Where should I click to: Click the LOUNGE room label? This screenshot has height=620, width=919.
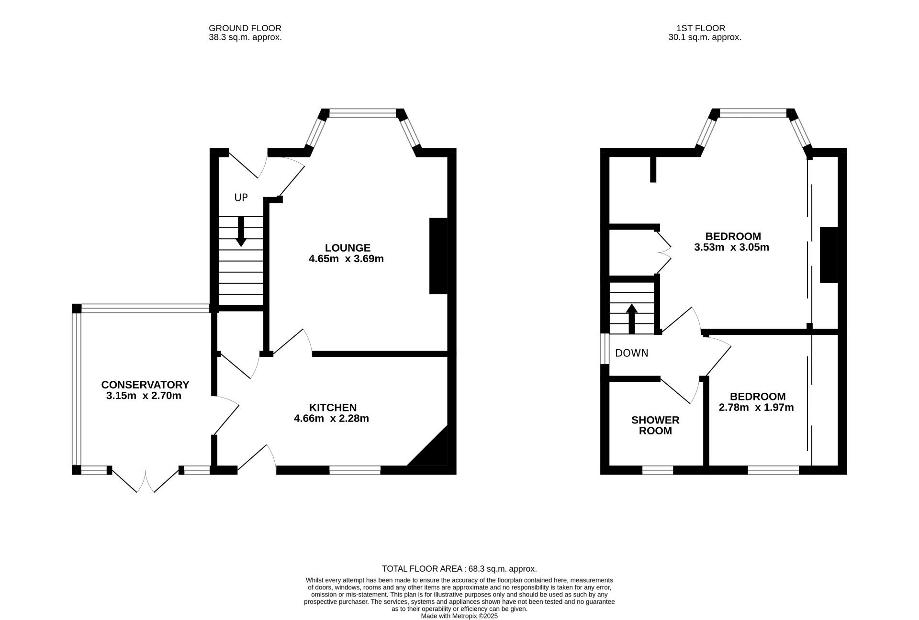click(x=347, y=248)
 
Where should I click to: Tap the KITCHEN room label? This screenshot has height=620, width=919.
click(x=333, y=408)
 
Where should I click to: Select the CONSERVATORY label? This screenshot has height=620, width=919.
click(x=145, y=385)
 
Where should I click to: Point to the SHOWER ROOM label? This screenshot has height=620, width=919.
click(x=655, y=425)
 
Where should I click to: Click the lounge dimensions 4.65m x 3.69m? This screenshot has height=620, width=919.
click(x=347, y=259)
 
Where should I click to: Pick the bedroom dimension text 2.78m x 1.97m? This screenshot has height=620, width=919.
click(x=756, y=408)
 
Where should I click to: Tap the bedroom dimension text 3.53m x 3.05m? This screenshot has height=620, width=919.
click(x=732, y=247)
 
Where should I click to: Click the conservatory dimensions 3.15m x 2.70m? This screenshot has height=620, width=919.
click(x=144, y=396)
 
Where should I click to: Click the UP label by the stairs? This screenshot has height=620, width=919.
click(x=241, y=198)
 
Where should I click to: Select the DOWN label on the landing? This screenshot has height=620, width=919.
click(x=632, y=353)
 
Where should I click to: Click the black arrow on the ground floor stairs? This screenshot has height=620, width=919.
click(x=241, y=232)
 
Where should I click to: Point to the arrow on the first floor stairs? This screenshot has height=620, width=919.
click(x=632, y=319)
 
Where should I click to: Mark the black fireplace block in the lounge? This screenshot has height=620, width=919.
click(x=438, y=256)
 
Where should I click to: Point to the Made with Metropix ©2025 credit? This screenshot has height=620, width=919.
click(x=459, y=616)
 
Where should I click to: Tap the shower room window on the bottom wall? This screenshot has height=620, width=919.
click(x=658, y=471)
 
